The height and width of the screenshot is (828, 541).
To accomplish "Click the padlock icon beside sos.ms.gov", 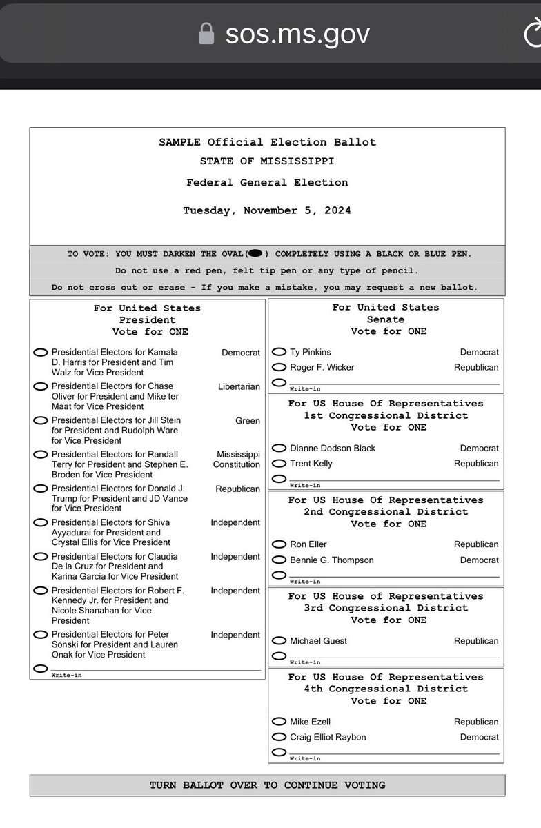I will click(x=206, y=33).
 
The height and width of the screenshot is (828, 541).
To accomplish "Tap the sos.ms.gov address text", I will click(x=297, y=33).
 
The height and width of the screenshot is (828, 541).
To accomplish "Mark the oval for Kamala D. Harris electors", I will click(x=41, y=353).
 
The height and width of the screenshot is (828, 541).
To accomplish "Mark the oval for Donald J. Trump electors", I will click(x=41, y=489).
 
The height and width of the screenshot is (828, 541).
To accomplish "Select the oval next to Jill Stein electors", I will click(x=41, y=420).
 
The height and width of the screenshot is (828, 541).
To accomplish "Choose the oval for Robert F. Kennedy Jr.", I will click(x=41, y=591).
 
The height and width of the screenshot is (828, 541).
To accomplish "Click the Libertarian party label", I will click(x=239, y=386).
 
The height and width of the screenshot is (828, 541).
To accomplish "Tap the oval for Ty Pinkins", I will click(x=279, y=352).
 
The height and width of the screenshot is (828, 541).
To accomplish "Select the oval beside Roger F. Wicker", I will click(x=279, y=367).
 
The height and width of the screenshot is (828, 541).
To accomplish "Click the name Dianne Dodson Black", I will click(x=333, y=448).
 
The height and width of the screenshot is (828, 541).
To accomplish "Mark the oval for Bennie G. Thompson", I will click(x=279, y=560).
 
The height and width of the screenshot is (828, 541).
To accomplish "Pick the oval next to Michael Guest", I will click(x=279, y=641).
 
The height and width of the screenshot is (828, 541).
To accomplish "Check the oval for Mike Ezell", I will click(x=279, y=722).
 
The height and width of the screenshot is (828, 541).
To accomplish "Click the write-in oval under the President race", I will click(x=41, y=668).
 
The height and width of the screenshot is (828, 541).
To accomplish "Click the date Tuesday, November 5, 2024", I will click(x=267, y=210).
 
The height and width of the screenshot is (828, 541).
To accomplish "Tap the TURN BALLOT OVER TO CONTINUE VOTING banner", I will click(x=267, y=785).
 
